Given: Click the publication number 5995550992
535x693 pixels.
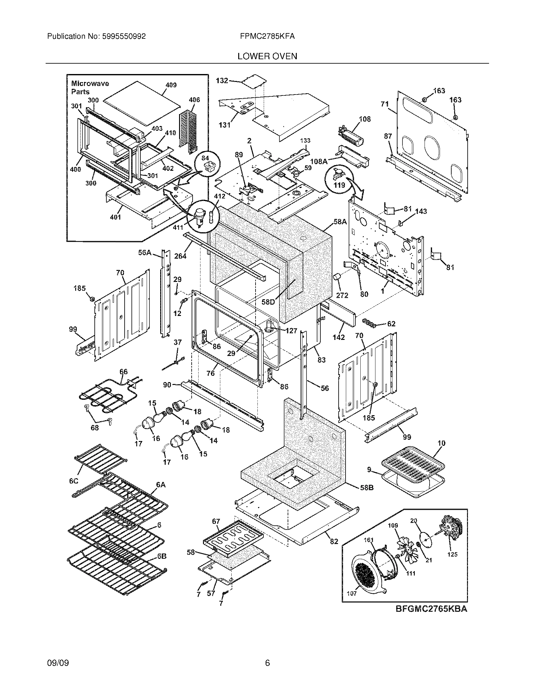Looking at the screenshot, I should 124,37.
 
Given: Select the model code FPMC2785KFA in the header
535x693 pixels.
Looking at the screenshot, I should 267,37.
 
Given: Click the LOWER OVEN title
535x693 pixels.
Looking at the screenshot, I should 267,56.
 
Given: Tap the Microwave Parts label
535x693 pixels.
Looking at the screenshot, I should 90,88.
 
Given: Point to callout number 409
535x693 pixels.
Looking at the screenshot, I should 171,85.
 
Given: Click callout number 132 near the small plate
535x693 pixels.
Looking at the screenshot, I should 222,81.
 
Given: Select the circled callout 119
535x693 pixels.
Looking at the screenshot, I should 339,185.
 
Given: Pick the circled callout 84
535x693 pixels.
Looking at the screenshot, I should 206,158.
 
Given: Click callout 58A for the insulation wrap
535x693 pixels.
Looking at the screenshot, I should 340,222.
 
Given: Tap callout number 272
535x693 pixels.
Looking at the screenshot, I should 342,295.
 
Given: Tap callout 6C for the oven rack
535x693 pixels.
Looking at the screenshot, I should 74,481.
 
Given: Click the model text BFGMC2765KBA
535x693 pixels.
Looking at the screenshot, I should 431,609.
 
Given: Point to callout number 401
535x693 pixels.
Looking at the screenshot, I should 115,217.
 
